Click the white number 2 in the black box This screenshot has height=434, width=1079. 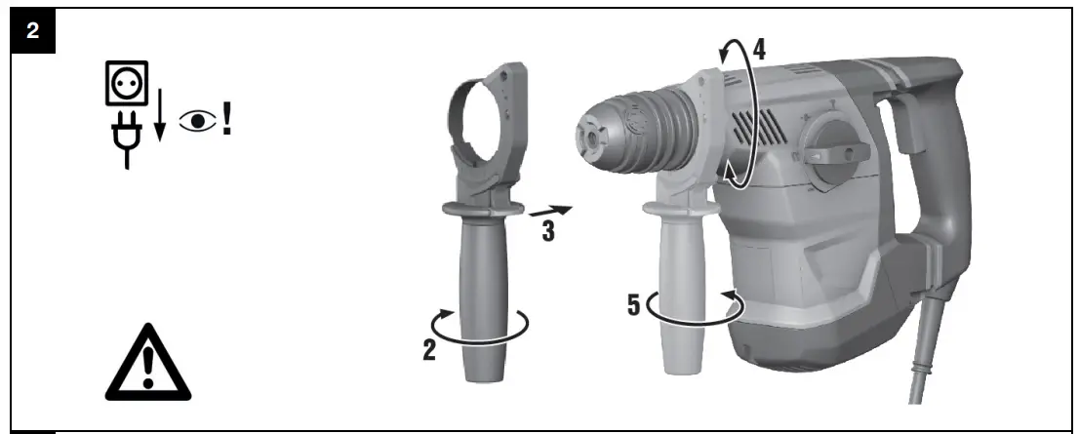[33, 31]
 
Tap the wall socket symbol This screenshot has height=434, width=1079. [127, 83]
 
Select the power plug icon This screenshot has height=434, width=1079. [127, 138]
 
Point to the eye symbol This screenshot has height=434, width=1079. [198, 123]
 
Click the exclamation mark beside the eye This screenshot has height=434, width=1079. [227, 120]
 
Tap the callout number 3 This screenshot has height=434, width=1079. [547, 230]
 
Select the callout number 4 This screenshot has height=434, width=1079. [758, 50]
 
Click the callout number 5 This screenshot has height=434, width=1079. [634, 305]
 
